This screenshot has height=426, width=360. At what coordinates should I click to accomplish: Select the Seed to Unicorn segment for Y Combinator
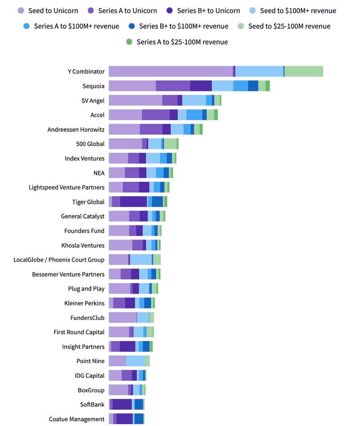[x=171, y=72]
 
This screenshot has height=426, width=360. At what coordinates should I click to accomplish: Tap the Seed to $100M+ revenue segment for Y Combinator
[x=259, y=72]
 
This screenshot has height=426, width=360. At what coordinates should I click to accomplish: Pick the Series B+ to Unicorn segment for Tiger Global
[x=133, y=202]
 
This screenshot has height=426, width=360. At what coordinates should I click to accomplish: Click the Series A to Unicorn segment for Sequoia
[x=173, y=86]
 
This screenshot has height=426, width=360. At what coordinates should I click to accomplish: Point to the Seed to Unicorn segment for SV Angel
[x=135, y=100]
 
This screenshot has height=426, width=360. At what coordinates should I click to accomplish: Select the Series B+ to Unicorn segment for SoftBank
[x=122, y=404]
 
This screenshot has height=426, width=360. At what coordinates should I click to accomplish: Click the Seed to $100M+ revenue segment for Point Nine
[x=135, y=361]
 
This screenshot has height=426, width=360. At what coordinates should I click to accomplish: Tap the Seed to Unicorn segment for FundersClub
[x=122, y=318]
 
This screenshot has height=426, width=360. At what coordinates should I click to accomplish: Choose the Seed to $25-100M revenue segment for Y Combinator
[x=304, y=72]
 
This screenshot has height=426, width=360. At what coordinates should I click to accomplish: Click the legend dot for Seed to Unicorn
[x=21, y=10]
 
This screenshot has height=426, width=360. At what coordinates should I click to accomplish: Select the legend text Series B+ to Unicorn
[x=208, y=10]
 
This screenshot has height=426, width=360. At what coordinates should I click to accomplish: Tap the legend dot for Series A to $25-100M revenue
[x=129, y=42]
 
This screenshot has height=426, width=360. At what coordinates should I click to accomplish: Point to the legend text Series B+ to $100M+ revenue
[x=184, y=26]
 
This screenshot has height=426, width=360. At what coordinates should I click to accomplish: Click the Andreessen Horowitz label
[x=76, y=130]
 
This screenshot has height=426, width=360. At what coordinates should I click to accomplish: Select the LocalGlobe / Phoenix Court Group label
[x=59, y=260]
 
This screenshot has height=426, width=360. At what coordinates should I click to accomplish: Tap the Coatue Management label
[x=76, y=419]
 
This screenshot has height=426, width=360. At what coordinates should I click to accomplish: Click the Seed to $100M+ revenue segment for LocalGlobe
[x=141, y=260]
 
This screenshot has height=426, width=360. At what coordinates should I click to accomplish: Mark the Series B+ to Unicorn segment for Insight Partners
[x=127, y=346]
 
